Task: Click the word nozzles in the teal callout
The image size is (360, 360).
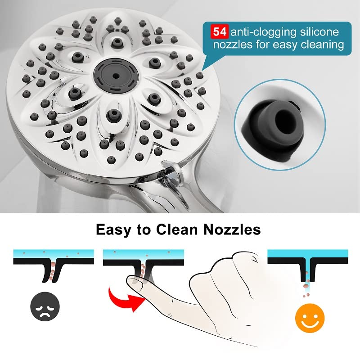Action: tap(234, 45)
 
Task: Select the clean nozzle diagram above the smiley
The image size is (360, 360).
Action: tap(307, 268)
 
